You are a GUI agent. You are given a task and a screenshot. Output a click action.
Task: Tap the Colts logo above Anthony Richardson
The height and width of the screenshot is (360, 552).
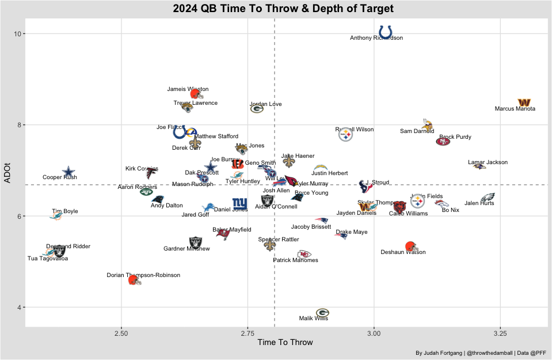pos(386,31)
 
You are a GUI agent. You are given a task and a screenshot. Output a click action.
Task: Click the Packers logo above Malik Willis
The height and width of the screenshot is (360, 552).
pos(322,313)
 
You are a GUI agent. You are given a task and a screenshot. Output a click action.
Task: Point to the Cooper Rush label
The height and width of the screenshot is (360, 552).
pos(60,177)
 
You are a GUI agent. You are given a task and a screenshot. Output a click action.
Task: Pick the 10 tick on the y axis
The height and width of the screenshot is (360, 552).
pos(18,34)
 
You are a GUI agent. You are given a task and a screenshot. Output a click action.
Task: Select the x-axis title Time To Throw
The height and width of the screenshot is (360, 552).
pos(285,342)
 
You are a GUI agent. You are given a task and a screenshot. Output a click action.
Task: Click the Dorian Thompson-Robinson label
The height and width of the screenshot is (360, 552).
pos(143,275)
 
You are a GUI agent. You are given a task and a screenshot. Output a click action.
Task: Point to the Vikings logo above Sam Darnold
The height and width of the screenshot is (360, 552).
pos(427,123)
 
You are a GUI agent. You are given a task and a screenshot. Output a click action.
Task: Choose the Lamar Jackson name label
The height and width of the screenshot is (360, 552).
pos(488,162)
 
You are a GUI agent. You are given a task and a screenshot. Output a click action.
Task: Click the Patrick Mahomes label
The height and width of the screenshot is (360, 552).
pos(295,260)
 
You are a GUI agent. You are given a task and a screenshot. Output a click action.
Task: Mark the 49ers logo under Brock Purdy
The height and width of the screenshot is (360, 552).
pos(443,142)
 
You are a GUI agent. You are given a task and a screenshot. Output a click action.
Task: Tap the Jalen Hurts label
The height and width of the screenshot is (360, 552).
pos(479,203)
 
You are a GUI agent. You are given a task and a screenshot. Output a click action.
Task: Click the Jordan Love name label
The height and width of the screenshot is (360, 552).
pos(266,104)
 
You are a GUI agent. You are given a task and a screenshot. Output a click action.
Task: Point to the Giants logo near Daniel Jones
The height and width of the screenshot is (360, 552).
pos(240,203)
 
